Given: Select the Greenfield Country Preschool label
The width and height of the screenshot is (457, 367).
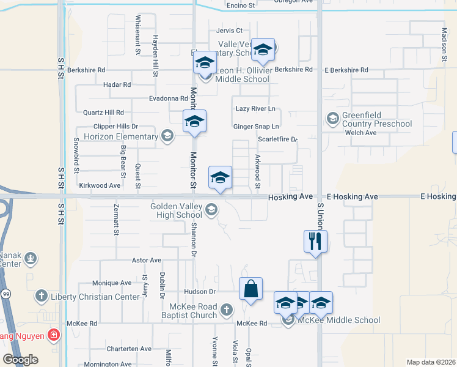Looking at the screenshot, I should coord(377,120).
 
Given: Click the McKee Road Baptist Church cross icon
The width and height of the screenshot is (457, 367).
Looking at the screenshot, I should coord(227,310).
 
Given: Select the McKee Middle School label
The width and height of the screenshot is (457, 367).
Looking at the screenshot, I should coord(339,320).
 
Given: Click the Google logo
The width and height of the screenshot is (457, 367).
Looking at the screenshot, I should coord(20,360).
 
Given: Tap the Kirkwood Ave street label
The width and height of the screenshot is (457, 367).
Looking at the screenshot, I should coord(100,185).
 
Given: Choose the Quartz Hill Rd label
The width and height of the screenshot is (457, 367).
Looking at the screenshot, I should coord(103,113).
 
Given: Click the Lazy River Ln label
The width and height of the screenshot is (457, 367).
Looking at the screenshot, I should coord(255,108).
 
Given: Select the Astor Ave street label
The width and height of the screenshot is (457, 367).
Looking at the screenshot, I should coord(146,260).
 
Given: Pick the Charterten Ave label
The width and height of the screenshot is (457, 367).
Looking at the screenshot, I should coord(129,349).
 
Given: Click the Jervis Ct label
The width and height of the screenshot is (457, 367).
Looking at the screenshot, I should coord(229,30).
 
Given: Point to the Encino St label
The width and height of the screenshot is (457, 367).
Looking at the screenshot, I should coord(240,6).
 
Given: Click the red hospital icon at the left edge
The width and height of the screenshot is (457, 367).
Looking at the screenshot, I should coord(54,335).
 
